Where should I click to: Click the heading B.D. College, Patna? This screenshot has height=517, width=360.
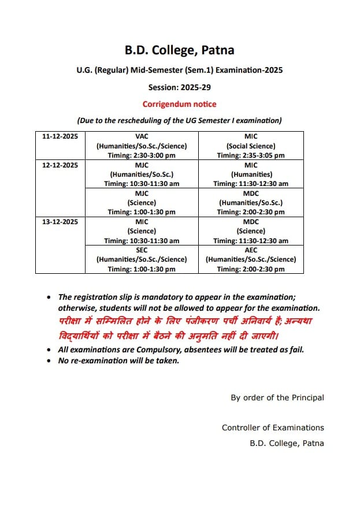[180, 50]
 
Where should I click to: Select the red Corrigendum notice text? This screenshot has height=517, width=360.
[180, 104]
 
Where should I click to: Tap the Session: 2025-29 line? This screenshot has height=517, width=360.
[180, 87]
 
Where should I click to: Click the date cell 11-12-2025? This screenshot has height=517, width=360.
[60, 137]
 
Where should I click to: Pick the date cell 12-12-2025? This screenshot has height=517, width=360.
[60, 165]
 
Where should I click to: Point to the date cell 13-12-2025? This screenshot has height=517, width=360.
[60, 222]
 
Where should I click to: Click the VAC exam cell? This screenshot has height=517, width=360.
[142, 146]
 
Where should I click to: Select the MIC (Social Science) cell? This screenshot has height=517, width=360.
[251, 146]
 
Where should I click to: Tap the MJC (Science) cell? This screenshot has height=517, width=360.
[142, 202]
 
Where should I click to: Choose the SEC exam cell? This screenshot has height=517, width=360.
[142, 259]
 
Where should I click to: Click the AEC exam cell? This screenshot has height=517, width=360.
[251, 259]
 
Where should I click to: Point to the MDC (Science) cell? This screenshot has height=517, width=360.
[251, 231]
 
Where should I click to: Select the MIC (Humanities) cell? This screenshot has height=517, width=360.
[251, 174]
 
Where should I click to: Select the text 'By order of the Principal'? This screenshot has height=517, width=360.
[277, 397]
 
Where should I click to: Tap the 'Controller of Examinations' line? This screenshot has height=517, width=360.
[273, 427]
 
